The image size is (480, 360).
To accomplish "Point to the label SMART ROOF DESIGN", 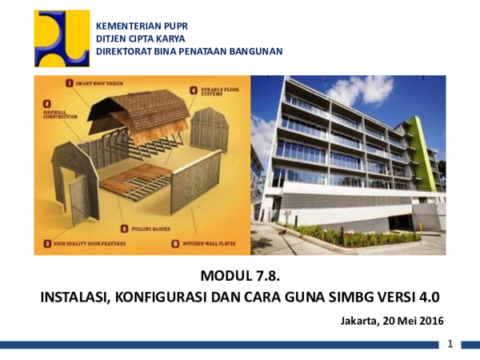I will click(100, 82).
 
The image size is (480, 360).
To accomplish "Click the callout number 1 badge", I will click(70, 82).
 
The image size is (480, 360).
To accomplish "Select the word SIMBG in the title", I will click(353, 298).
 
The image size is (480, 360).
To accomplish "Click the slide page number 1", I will click(452, 344).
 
